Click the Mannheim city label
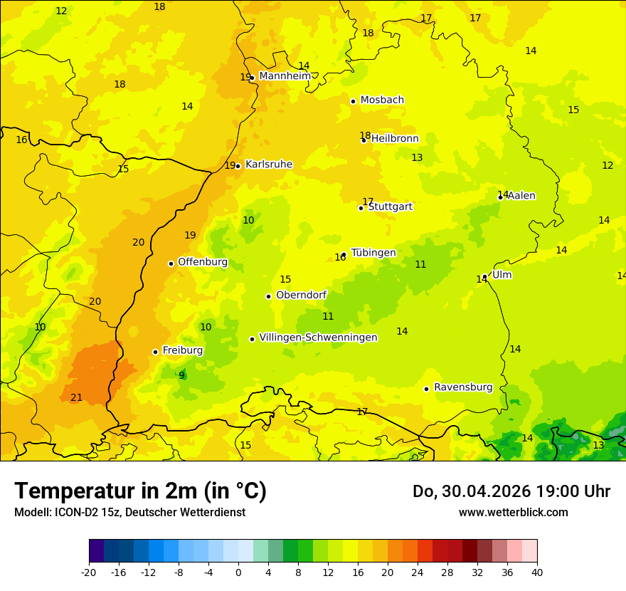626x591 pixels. tap(285, 76)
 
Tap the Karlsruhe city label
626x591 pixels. tap(268, 164)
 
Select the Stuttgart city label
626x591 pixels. tap(390, 206)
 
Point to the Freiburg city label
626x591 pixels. tap(182, 350)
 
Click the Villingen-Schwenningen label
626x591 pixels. tap(318, 338)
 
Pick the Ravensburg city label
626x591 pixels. tap(463, 387)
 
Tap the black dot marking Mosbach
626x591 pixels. tap(353, 101)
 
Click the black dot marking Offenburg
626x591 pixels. tap(171, 263)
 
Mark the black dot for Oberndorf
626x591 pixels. tap(268, 296)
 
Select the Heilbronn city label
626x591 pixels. tap(395, 139)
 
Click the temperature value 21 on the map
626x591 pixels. tap(76, 397)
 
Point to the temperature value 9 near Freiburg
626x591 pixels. tap(181, 376)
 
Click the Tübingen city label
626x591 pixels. tap(373, 253)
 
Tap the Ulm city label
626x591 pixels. tap(502, 275)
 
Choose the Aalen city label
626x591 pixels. tap(521, 196)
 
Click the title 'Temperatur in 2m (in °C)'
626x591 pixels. tap(140, 491)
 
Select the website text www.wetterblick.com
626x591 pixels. tap(513, 513)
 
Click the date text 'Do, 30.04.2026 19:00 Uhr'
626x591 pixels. tap(511, 491)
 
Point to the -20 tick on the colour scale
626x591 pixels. tap(89, 572)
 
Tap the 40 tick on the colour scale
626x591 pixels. tap(536, 572)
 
